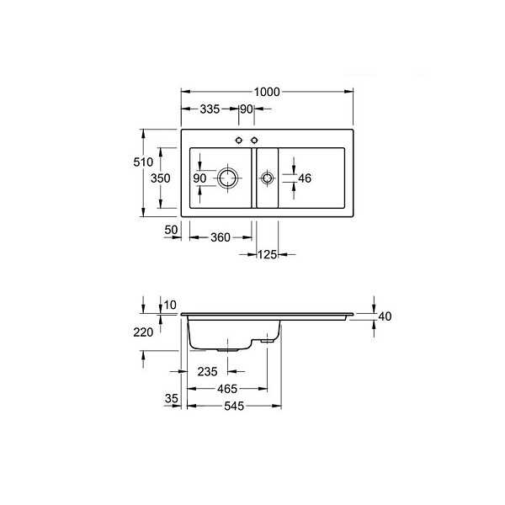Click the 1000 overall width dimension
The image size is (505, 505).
tap(267, 92)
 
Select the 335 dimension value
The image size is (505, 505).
tap(210, 109)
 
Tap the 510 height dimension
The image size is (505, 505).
tap(143, 162)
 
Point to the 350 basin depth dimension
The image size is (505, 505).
tap(160, 178)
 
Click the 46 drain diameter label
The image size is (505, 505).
tap(305, 178)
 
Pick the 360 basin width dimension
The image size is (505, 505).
tap(221, 237)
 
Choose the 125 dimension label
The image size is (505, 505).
tap(268, 255)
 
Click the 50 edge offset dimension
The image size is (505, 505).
tap(171, 230)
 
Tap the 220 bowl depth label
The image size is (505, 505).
tap(143, 332)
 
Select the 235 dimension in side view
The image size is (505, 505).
tap(207, 372)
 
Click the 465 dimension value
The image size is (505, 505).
tap(227, 389)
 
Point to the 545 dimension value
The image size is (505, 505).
tap(234, 407)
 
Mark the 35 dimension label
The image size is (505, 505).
tap(172, 399)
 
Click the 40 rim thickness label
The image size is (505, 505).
tap(385, 316)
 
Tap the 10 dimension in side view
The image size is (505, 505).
tap(170, 305)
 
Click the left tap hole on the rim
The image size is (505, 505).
tap(239, 140)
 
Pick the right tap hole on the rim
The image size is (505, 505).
tap(254, 140)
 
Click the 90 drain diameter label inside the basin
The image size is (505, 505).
tap(199, 178)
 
